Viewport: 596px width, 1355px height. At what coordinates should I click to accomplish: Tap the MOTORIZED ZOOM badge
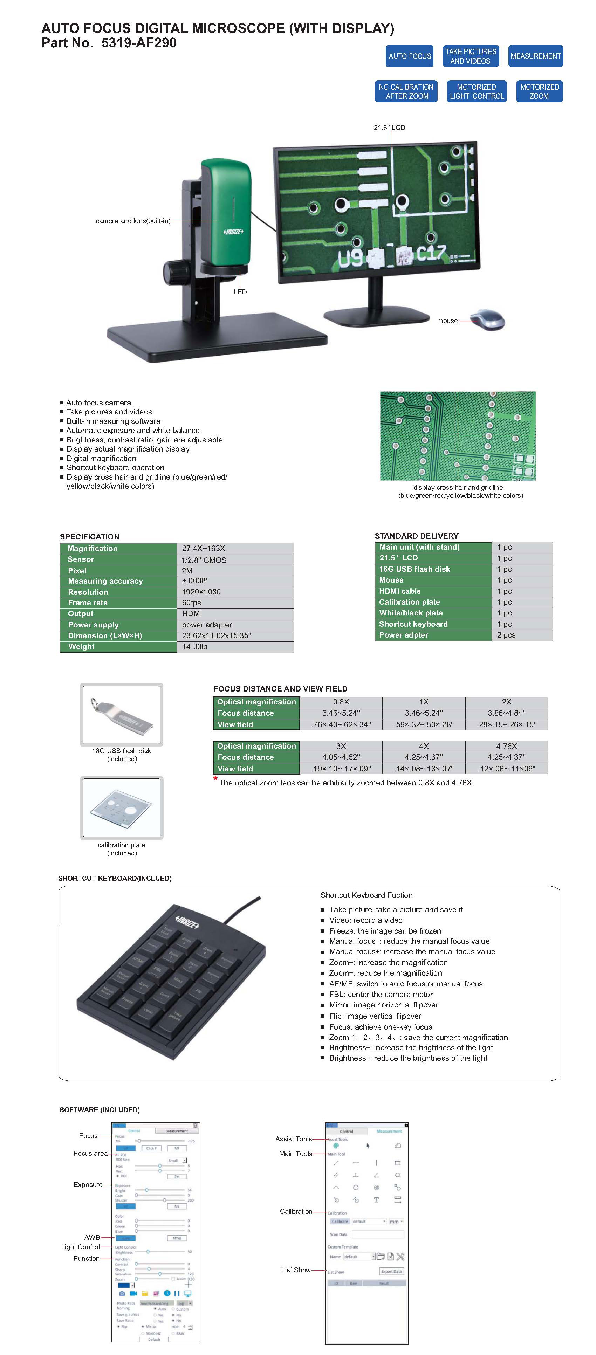(539, 91)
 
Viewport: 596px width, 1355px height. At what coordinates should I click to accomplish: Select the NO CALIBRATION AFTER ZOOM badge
(406, 91)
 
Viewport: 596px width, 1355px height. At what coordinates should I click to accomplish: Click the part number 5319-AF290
(139, 43)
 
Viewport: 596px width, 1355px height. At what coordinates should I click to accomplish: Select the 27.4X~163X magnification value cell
(235, 548)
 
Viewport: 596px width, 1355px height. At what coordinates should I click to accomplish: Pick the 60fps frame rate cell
(235, 603)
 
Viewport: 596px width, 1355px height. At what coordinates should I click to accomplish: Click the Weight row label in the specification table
(118, 646)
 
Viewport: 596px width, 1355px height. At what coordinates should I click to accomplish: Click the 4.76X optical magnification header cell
(506, 746)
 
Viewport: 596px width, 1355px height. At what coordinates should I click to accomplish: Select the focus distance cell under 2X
(506, 713)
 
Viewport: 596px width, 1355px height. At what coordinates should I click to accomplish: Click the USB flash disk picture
(122, 714)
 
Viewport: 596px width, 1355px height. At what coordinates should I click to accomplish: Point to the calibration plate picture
(122, 807)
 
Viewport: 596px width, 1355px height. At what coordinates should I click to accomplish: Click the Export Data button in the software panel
(391, 1271)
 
